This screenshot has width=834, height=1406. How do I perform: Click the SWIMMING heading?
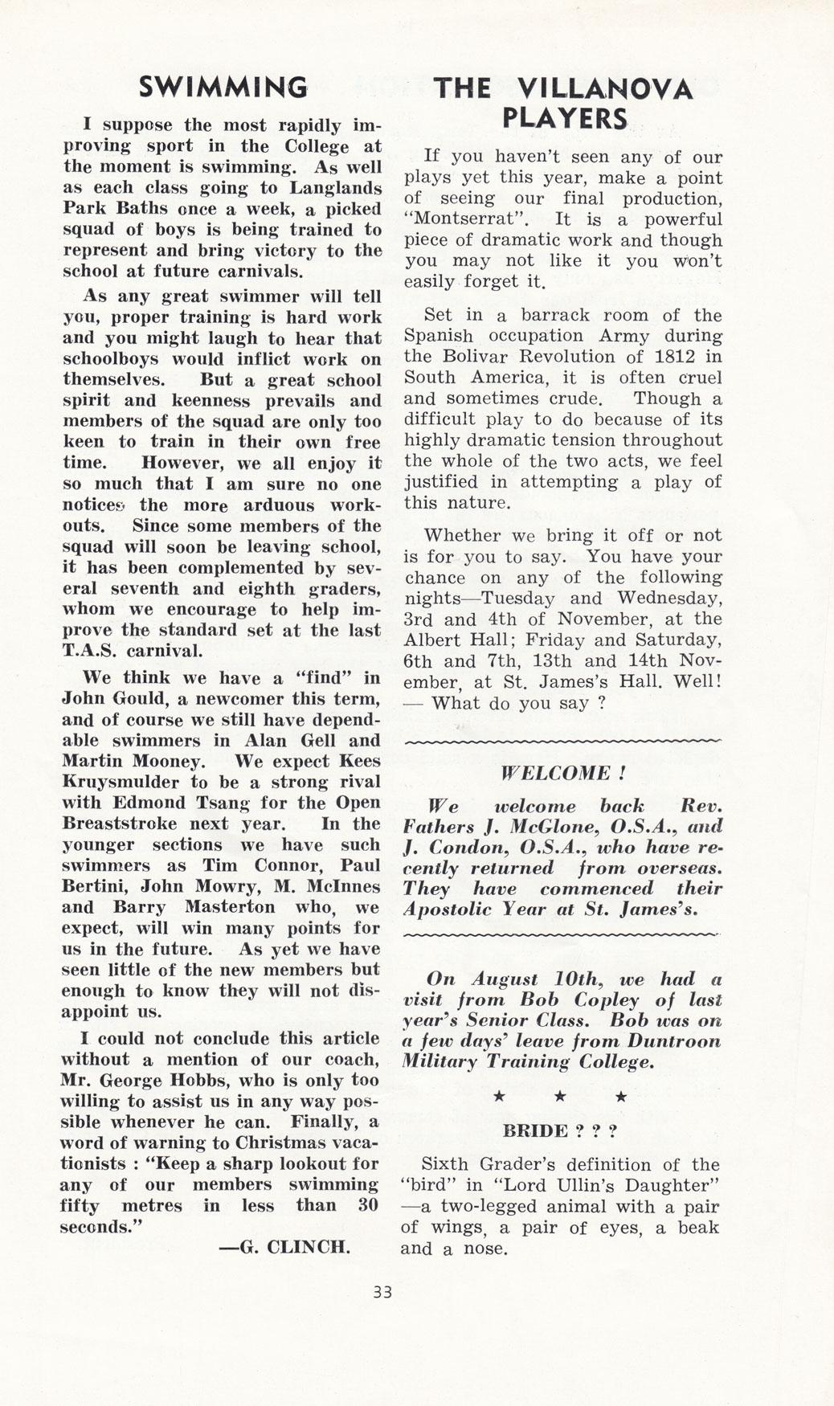(222, 87)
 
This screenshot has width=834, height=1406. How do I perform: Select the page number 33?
(382, 1292)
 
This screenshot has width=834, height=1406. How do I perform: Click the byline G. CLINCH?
(284, 1248)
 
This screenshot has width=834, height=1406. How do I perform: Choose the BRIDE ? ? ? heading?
(559, 1130)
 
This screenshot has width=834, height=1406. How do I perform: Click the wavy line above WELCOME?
(562, 741)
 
